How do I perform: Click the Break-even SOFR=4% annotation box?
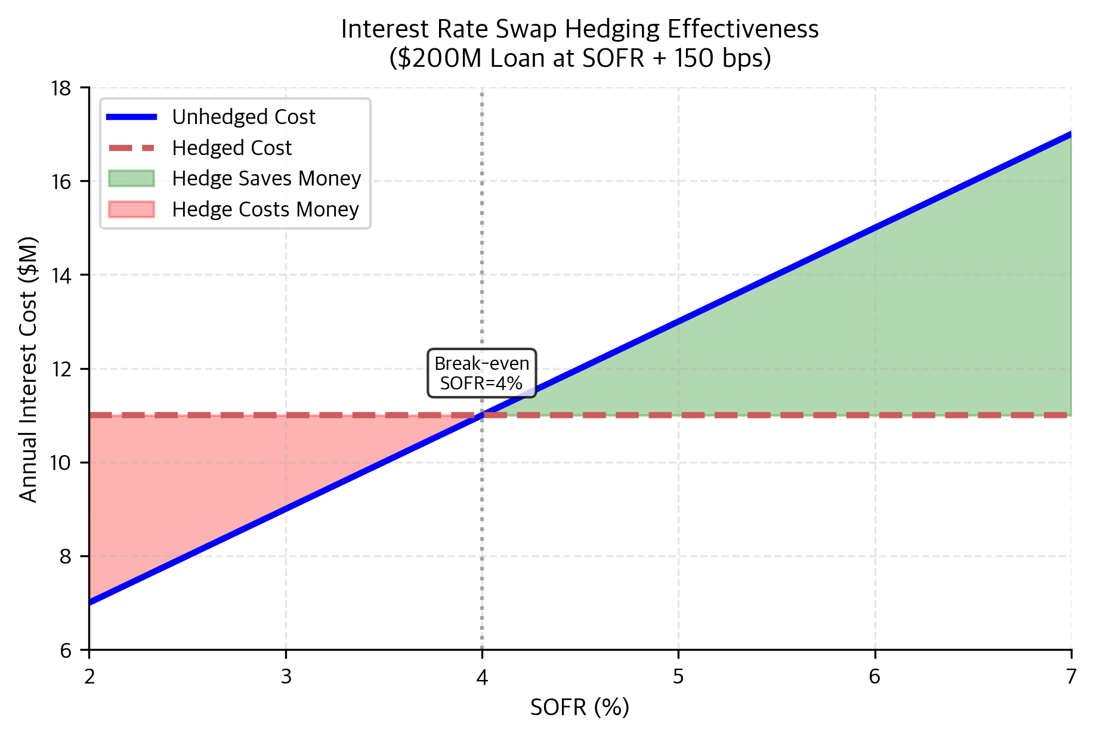pyautogui.click(x=481, y=373)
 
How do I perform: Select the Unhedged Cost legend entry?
pyautogui.click(x=243, y=117)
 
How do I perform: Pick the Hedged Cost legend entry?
pyautogui.click(x=231, y=148)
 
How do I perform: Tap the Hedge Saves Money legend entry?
pyautogui.click(x=266, y=178)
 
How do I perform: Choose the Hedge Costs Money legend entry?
pyautogui.click(x=265, y=209)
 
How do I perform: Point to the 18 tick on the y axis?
pyautogui.click(x=61, y=88)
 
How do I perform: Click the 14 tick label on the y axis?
pyautogui.click(x=61, y=276)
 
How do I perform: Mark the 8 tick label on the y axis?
pyautogui.click(x=66, y=556)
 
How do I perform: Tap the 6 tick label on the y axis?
pyautogui.click(x=66, y=651)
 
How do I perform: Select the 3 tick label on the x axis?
pyautogui.click(x=286, y=676)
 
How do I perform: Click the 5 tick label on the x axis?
pyautogui.click(x=678, y=676)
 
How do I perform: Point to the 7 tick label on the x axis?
pyautogui.click(x=1071, y=676)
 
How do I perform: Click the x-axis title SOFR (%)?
pyautogui.click(x=579, y=707)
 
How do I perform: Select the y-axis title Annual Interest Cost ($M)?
pyautogui.click(x=28, y=370)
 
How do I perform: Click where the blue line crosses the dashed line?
pyautogui.click(x=482, y=415)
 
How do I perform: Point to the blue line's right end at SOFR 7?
pyautogui.click(x=1071, y=134)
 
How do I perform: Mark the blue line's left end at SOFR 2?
pyautogui.click(x=90, y=602)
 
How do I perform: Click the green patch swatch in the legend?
pyautogui.click(x=131, y=178)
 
